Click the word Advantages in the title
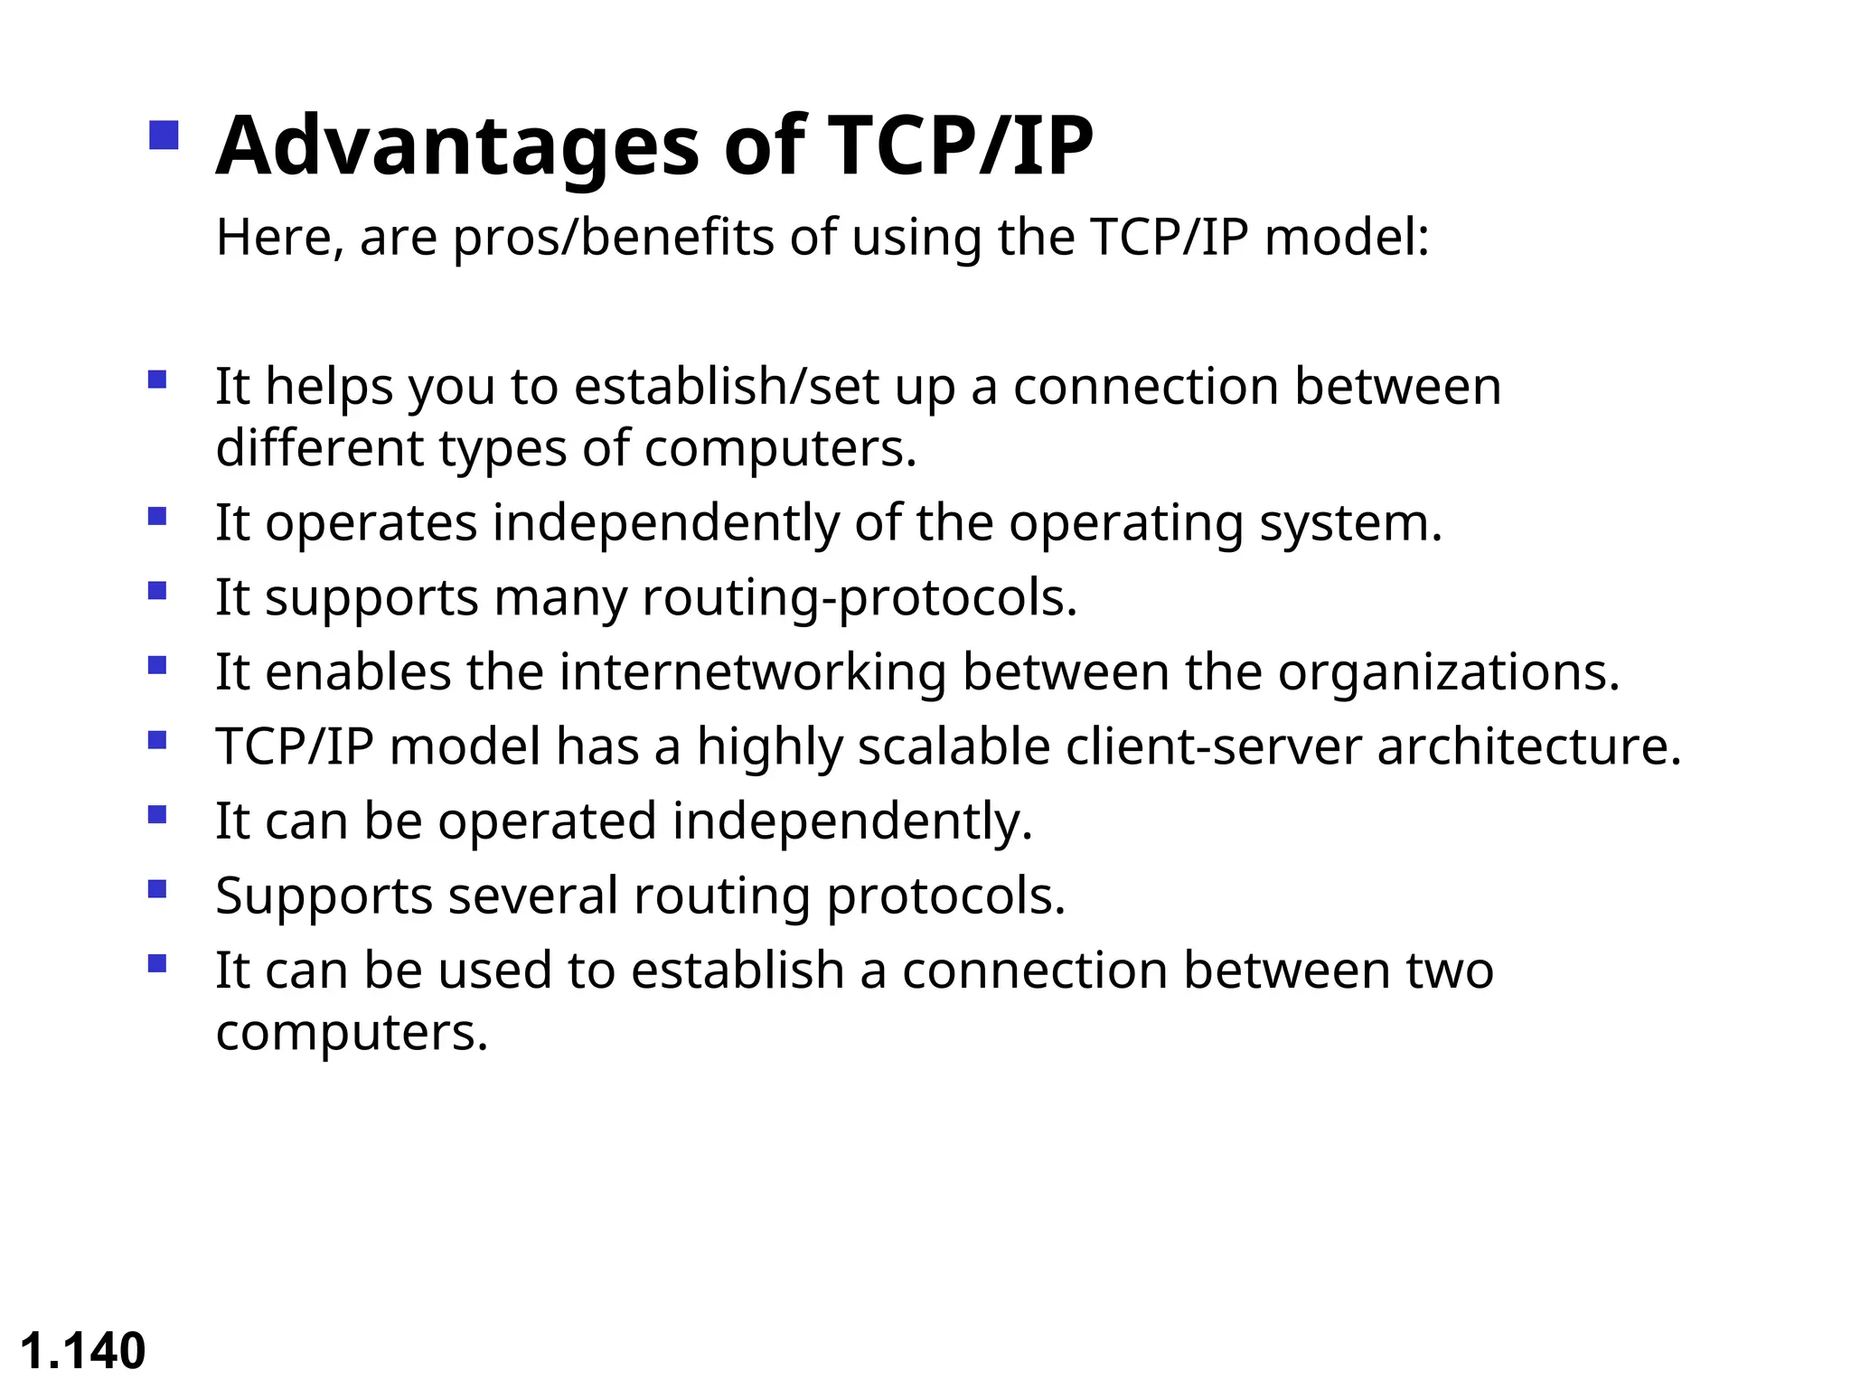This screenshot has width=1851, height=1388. coord(457,146)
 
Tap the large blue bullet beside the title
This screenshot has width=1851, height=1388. coord(164,136)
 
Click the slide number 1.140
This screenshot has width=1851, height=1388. coord(82,1351)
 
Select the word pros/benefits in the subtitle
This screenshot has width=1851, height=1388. coord(613,238)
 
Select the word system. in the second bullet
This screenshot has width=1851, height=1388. coord(1350,524)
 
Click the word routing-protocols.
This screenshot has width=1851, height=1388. coord(860,598)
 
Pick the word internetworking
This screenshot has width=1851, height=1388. coord(752,672)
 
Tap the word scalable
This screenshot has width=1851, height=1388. coord(953,747)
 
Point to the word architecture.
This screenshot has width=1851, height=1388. coord(1528,747)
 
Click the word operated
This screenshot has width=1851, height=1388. coord(548,821)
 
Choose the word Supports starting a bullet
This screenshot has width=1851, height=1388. coord(324,896)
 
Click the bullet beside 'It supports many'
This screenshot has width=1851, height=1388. coord(157,591)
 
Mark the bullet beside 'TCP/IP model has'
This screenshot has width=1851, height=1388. coord(157,740)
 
